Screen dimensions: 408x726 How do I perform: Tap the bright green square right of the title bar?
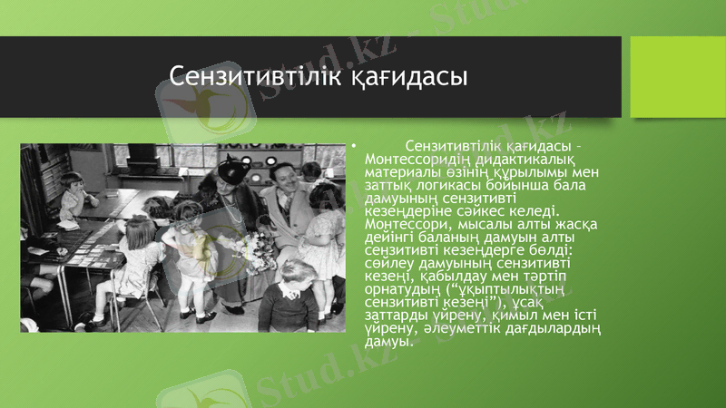pos(677,76)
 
